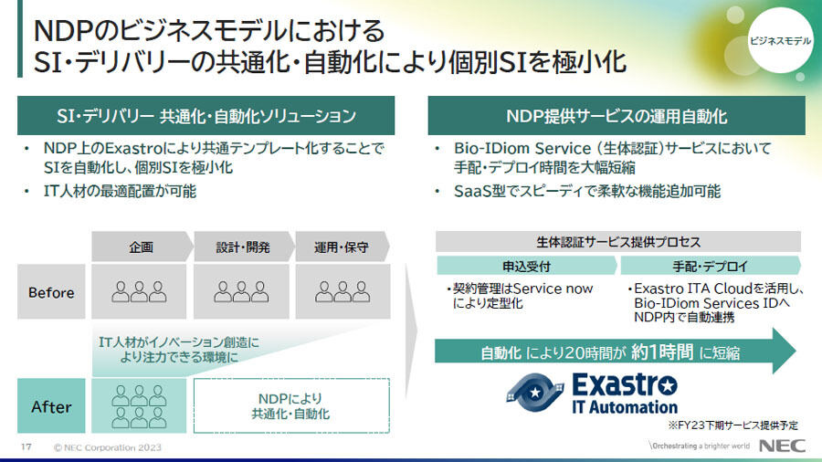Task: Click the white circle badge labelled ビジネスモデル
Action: pyautogui.click(x=780, y=40)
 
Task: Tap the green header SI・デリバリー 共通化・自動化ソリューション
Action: pyautogui.click(x=206, y=116)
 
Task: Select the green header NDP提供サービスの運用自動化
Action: pyautogui.click(x=616, y=116)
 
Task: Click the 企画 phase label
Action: pyautogui.click(x=142, y=247)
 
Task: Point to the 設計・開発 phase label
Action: pyautogui.click(x=243, y=247)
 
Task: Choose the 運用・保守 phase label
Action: pyautogui.click(x=342, y=247)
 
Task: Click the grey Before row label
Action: pyautogui.click(x=51, y=292)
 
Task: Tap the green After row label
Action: pyautogui.click(x=51, y=406)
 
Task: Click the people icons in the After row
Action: pyautogui.click(x=139, y=406)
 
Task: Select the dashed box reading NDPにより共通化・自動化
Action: pyautogui.click(x=291, y=406)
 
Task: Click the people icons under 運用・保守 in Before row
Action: pyautogui.click(x=342, y=292)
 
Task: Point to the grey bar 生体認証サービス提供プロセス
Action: pyautogui.click(x=618, y=242)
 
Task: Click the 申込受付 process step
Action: pyautogui.click(x=527, y=266)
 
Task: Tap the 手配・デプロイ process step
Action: pyautogui.click(x=711, y=266)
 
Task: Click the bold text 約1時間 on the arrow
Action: pyautogui.click(x=662, y=352)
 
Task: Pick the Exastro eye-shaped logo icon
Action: pyautogui.click(x=535, y=393)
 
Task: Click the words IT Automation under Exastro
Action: pyautogui.click(x=625, y=407)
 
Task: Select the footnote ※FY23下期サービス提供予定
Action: pyautogui.click(x=732, y=425)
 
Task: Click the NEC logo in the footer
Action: pyautogui.click(x=782, y=446)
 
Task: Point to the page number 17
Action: pyautogui.click(x=26, y=446)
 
